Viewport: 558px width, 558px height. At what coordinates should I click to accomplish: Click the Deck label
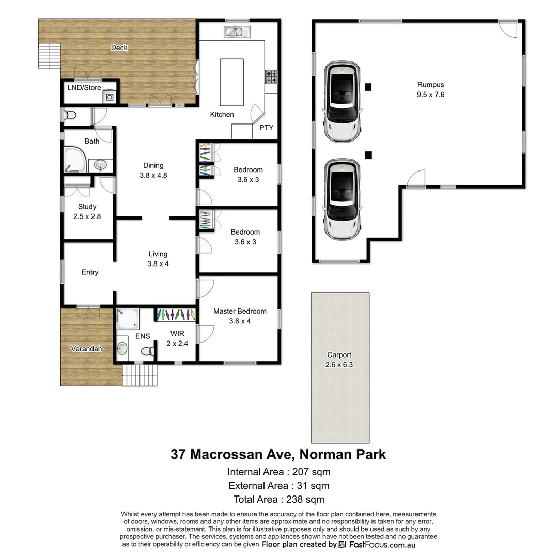[x=119, y=48]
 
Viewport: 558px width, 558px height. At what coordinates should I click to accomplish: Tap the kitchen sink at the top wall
[x=237, y=32]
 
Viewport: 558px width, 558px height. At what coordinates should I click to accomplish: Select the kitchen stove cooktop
[x=272, y=77]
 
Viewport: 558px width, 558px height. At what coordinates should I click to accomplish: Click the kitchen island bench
[x=232, y=82]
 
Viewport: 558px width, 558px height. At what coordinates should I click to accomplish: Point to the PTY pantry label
[x=267, y=128]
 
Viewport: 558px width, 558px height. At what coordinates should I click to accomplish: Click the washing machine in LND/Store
[x=110, y=97]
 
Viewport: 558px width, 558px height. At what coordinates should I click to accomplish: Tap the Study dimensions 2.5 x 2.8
[x=87, y=216]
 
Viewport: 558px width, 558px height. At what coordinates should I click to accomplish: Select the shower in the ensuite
[x=127, y=318]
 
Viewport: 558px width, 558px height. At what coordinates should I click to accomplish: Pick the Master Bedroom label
[x=240, y=311]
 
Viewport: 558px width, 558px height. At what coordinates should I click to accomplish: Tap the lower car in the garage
[x=342, y=199]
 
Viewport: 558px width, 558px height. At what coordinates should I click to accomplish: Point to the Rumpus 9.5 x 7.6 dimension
[x=430, y=95]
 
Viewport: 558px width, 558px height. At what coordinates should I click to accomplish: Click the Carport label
[x=339, y=355]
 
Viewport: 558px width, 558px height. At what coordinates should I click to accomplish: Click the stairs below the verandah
[x=139, y=375]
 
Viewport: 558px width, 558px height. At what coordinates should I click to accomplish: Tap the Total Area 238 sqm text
[x=278, y=499]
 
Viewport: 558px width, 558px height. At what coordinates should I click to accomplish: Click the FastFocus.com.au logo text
[x=382, y=545]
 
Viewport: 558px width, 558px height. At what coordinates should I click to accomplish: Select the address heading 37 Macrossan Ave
[x=232, y=455]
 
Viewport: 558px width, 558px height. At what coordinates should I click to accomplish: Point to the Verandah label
[x=86, y=349]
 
